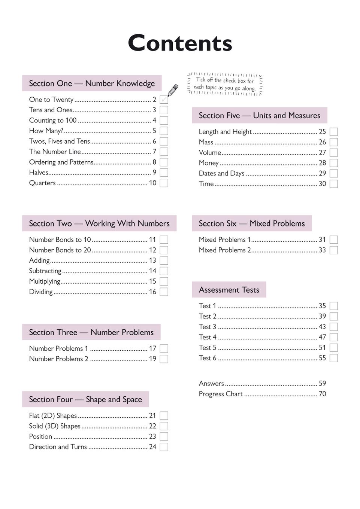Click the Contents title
point(180,43)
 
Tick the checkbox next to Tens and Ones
point(164,110)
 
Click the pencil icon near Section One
point(173,90)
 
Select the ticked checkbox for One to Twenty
point(164,100)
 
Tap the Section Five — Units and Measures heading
point(259,116)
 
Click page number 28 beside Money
point(322,163)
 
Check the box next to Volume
point(334,153)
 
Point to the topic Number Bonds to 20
point(60,250)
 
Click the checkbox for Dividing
point(164,292)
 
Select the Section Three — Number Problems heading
point(91,332)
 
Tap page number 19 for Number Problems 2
point(152,359)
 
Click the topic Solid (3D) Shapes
point(55,426)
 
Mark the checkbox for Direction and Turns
point(164,447)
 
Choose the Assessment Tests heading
point(229,290)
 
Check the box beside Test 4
point(334,337)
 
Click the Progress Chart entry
point(221,394)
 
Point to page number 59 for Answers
point(322,384)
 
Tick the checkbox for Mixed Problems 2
point(334,250)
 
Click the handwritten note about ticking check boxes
point(225,84)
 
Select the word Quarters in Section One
point(42,183)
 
